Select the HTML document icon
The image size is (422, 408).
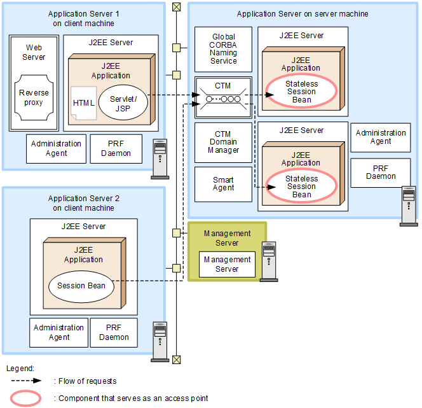pyautogui.click(x=83, y=104)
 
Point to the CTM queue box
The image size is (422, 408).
pyautogui.click(x=223, y=97)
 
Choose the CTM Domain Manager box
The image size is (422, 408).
pyautogui.click(x=223, y=142)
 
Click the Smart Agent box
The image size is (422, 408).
pyautogui.click(x=223, y=184)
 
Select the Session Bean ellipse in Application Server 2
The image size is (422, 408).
pyautogui.click(x=81, y=286)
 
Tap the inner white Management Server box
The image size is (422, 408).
pyautogui.click(x=227, y=264)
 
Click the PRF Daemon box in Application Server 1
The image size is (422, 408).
pyautogui.click(x=116, y=148)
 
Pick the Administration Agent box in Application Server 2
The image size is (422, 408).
pyautogui.click(x=58, y=332)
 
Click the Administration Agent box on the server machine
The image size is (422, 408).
pyautogui.click(x=381, y=137)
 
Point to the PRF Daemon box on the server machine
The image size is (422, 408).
pyautogui.click(x=381, y=172)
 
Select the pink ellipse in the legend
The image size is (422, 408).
pyautogui.click(x=26, y=398)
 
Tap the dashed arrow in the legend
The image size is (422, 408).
pyautogui.click(x=26, y=381)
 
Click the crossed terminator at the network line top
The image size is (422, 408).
pyautogui.click(x=176, y=7)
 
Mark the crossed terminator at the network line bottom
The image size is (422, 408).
pyautogui.click(x=176, y=360)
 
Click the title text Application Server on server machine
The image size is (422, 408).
pyautogui.click(x=302, y=13)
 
